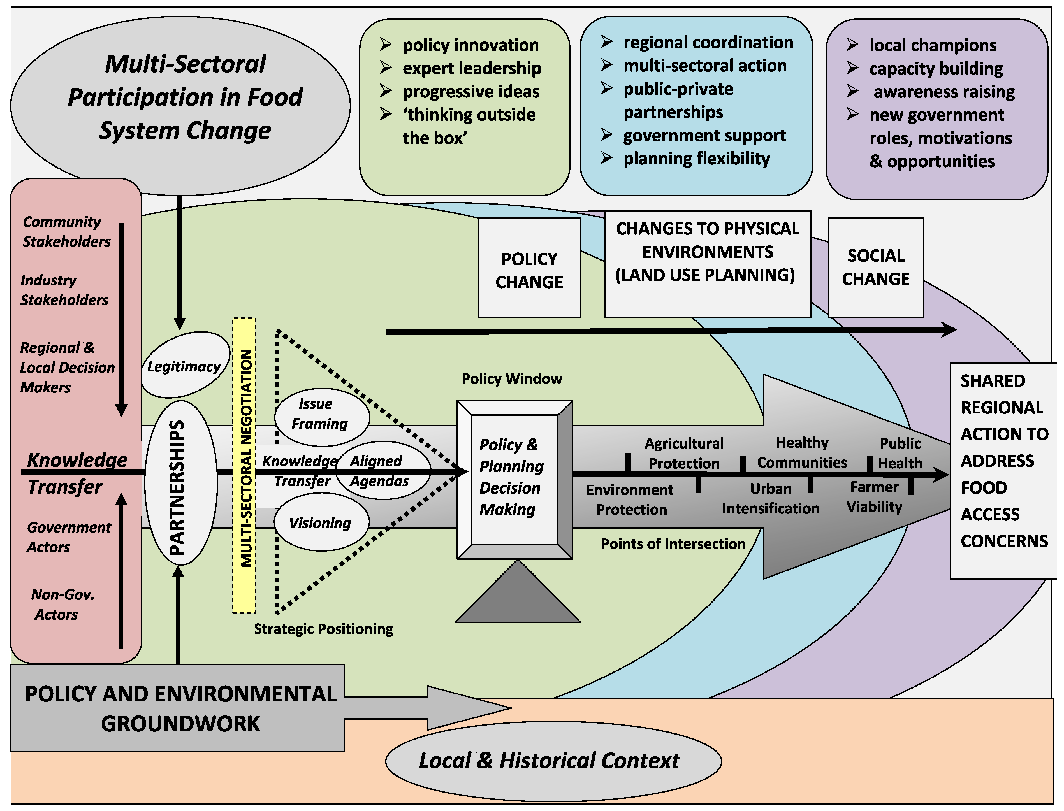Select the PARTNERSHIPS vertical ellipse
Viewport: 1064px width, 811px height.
180,483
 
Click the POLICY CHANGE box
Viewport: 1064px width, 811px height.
529,268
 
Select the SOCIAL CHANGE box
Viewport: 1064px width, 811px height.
876,268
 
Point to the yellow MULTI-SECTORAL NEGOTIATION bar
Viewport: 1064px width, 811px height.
244,465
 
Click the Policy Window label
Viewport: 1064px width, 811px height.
512,378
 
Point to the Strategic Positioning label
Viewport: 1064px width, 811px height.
323,629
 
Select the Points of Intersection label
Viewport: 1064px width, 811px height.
673,544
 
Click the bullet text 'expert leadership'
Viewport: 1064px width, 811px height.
472,69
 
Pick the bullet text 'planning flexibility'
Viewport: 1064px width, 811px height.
697,159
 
